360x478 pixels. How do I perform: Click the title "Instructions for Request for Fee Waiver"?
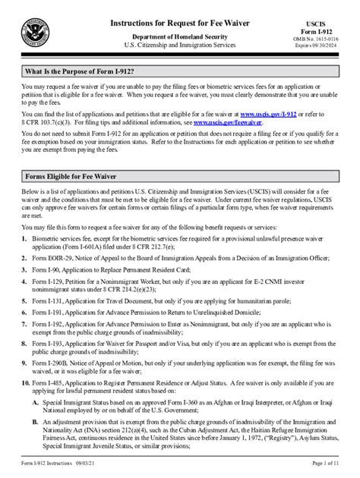click(x=180, y=24)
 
